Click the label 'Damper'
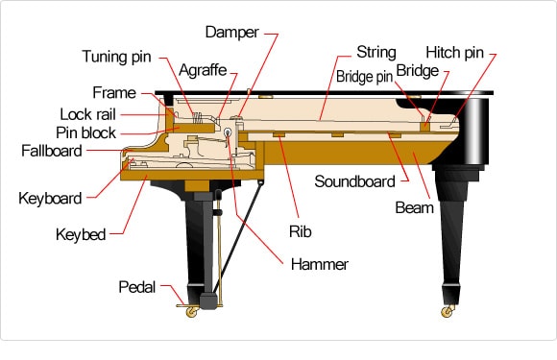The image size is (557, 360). click(230, 32)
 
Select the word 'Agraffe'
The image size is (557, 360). click(202, 70)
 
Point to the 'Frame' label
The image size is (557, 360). click(114, 93)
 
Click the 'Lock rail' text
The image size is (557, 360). click(87, 114)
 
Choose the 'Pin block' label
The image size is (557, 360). click(85, 132)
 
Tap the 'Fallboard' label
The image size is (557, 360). click(53, 151)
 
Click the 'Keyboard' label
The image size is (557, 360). click(50, 199)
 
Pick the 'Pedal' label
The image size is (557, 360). click(137, 287)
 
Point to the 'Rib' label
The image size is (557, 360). click(299, 230)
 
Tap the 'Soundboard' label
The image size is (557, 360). click(355, 180)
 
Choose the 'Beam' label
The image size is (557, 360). click(414, 206)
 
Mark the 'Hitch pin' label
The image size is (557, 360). click(455, 52)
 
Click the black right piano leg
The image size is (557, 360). click(452, 230)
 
